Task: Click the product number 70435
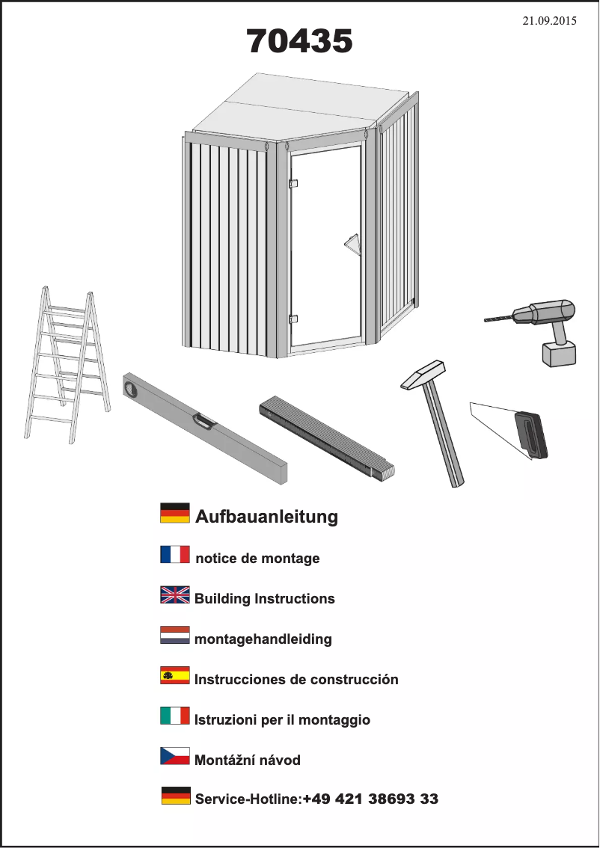299,41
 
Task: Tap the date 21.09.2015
549,21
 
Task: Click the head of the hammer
424,375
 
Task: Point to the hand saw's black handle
530,434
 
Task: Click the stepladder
67,366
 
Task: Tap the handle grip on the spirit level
204,421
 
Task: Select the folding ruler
327,437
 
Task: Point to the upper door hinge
293,183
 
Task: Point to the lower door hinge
293,319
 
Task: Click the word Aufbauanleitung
266,517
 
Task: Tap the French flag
175,554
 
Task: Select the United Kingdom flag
175,595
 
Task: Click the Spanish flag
175,675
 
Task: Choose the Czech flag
175,756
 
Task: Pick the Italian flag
175,716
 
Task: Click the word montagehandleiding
263,639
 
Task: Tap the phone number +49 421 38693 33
370,799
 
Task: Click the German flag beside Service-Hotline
176,796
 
